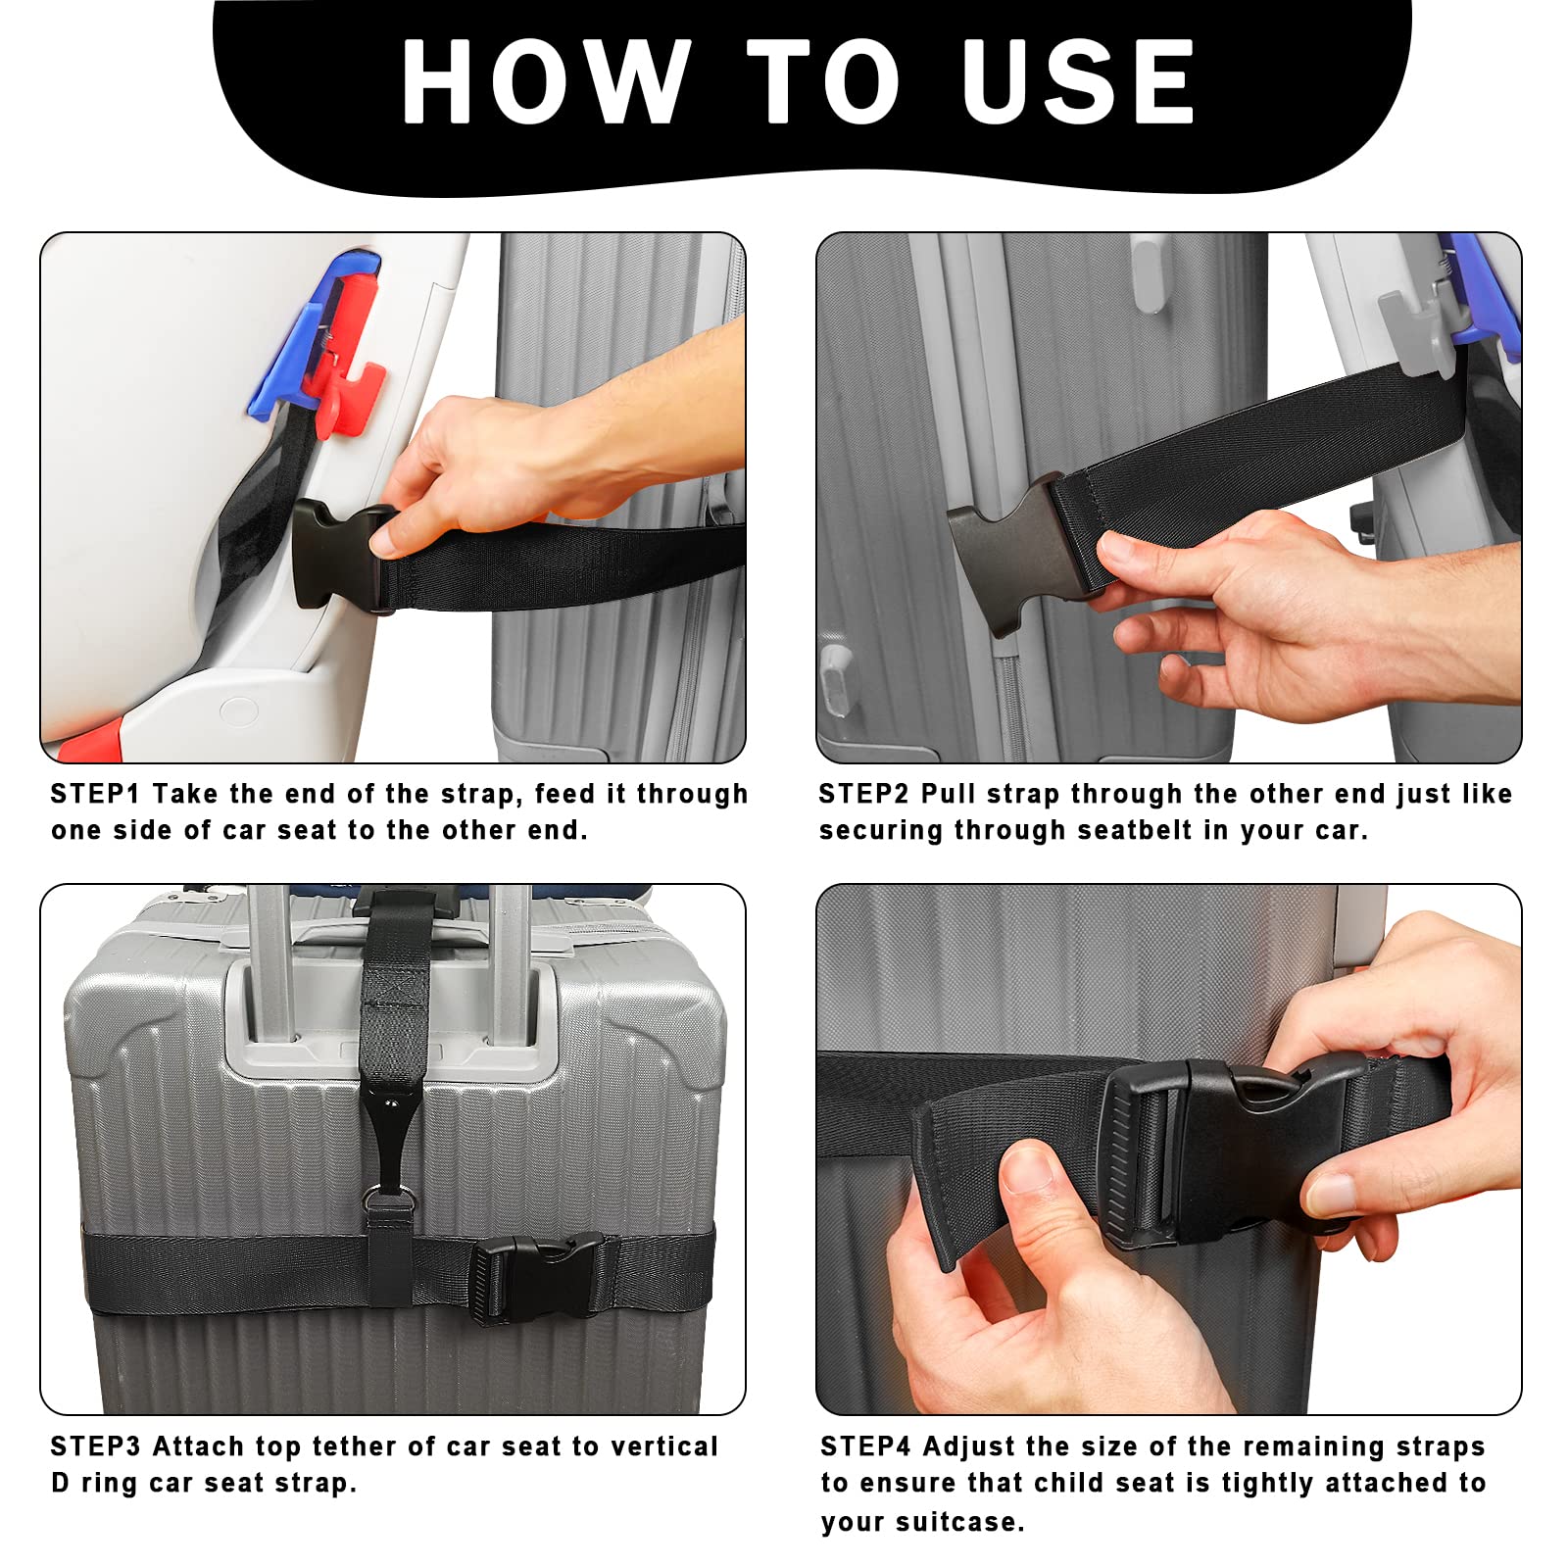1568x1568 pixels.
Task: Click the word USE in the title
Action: point(1078,83)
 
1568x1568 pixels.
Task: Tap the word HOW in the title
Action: point(545,83)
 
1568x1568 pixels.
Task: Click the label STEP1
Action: point(95,794)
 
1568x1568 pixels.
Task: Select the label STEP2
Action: point(863,794)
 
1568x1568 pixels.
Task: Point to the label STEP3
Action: point(95,1446)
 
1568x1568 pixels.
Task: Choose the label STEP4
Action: point(865,1446)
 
